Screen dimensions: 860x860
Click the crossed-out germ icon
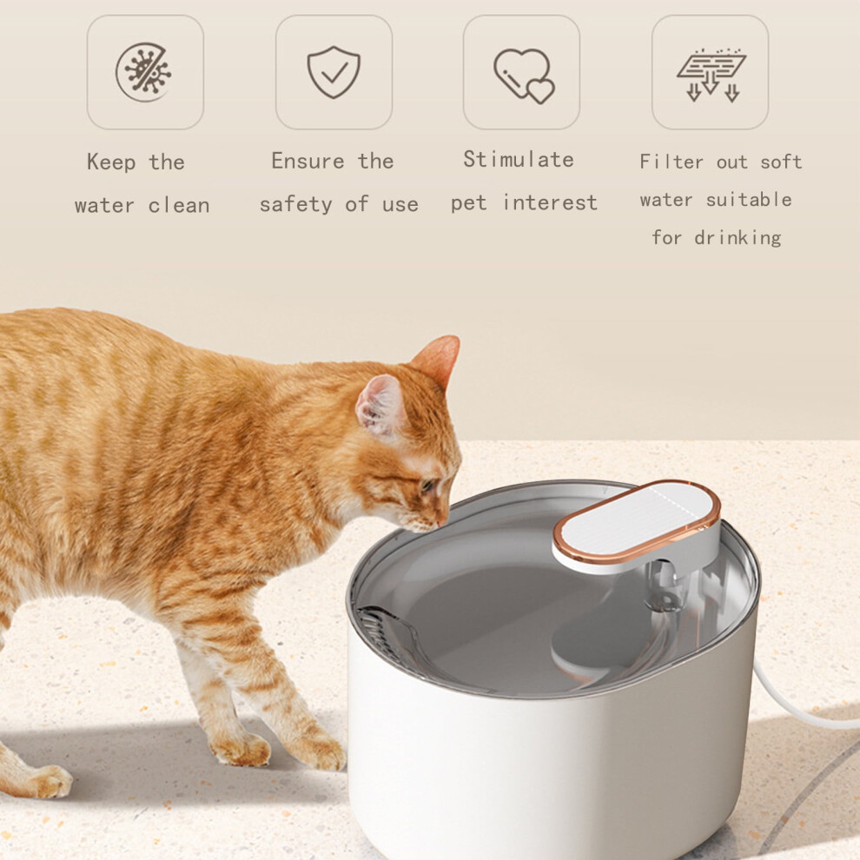click(143, 72)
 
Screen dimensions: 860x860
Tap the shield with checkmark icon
click(334, 72)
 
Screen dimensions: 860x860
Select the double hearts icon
click(524, 75)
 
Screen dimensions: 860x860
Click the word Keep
click(111, 162)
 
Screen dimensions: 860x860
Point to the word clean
click(179, 206)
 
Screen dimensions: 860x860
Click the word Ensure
click(308, 161)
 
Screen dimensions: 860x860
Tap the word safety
click(295, 205)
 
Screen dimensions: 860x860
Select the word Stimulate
click(519, 160)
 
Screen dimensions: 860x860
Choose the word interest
click(550, 202)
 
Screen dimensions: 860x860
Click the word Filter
click(671, 162)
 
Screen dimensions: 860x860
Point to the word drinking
click(738, 237)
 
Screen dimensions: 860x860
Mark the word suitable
click(749, 200)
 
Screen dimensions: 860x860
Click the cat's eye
click(427, 485)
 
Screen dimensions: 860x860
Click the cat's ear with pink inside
click(380, 405)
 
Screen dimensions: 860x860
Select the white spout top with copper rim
click(636, 520)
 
